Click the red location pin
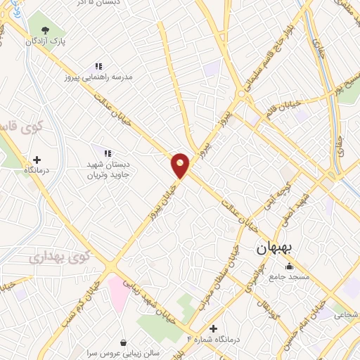[x=181, y=164]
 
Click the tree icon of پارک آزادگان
[x=46, y=30]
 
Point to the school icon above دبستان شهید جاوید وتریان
[x=108, y=153]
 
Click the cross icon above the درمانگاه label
[x=37, y=160]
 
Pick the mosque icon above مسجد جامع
[x=289, y=266]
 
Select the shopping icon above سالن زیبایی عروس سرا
[x=124, y=343]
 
